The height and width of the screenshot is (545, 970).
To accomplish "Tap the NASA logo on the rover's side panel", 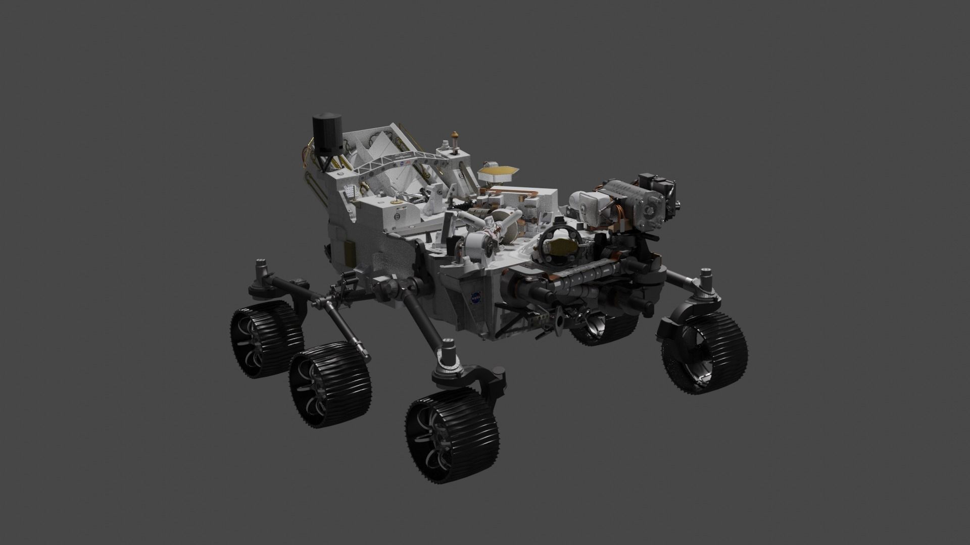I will pos(475,298).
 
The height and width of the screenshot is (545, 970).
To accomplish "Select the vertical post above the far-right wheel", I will pos(705,283).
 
